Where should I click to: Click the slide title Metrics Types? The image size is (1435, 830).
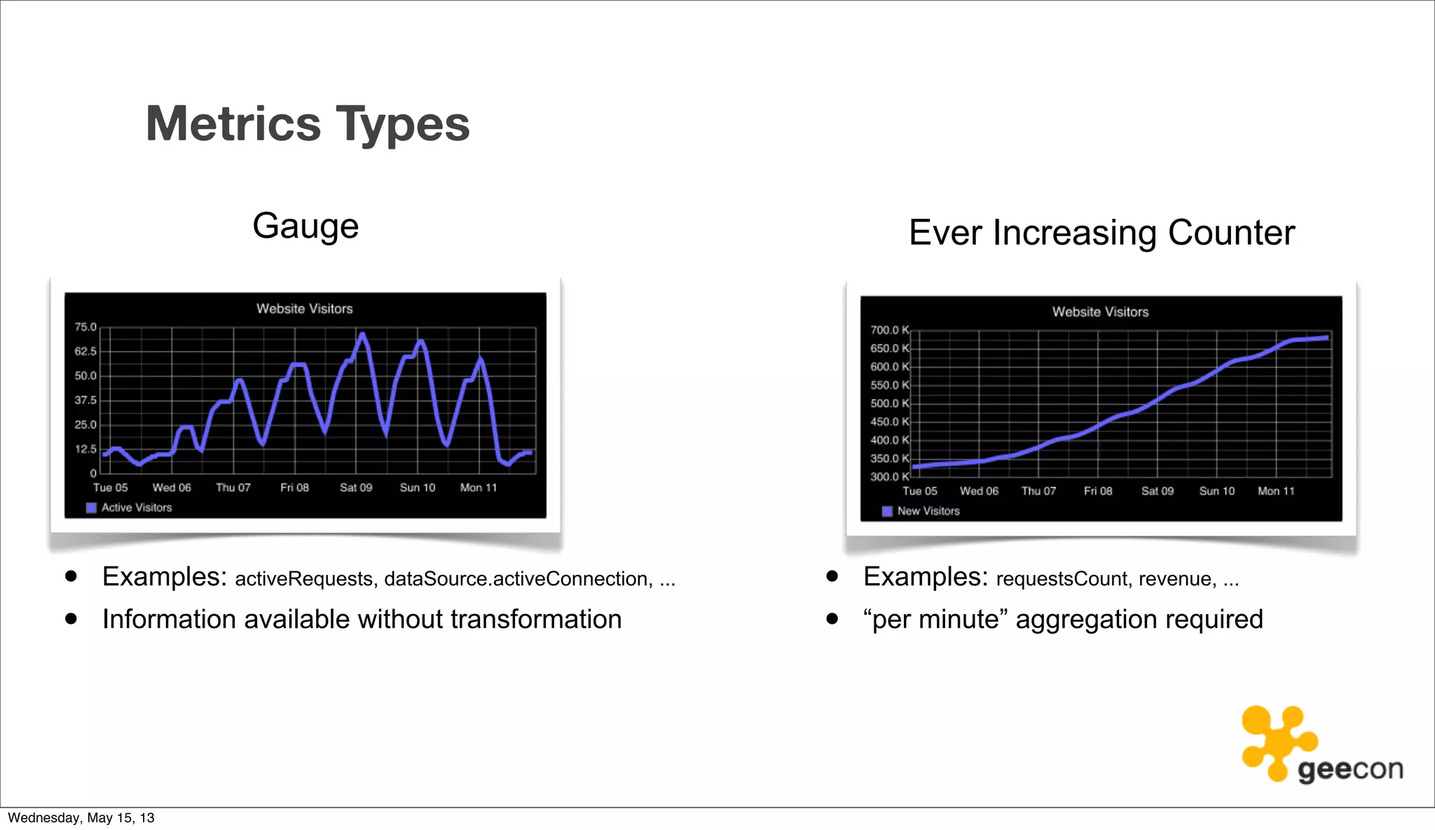[308, 124]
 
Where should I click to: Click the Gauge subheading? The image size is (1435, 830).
[305, 226]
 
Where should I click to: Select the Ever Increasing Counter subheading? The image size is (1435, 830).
[1101, 233]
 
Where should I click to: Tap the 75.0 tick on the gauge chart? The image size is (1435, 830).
[85, 327]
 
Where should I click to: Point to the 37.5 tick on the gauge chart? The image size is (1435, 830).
[85, 400]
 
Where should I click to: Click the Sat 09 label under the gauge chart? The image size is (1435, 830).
[356, 487]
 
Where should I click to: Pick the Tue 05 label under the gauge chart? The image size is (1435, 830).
[111, 487]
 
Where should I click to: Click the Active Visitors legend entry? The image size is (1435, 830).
[136, 508]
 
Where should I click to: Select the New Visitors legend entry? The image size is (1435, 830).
[928, 511]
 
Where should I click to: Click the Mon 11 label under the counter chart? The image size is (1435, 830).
[1276, 491]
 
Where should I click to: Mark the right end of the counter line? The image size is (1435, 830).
[1326, 338]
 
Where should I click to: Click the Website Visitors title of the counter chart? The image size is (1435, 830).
[1100, 312]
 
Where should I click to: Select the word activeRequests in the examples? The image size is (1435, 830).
[303, 579]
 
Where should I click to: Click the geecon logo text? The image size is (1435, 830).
[1350, 770]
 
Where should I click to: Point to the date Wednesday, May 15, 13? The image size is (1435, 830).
[81, 817]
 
